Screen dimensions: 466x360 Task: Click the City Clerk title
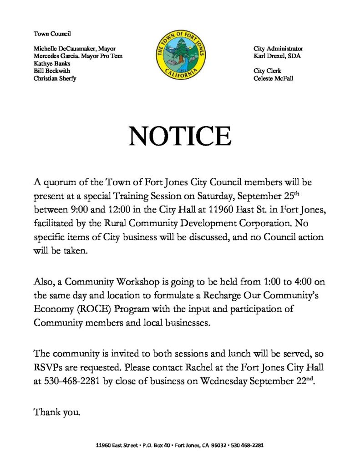pyautogui.click(x=267, y=71)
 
